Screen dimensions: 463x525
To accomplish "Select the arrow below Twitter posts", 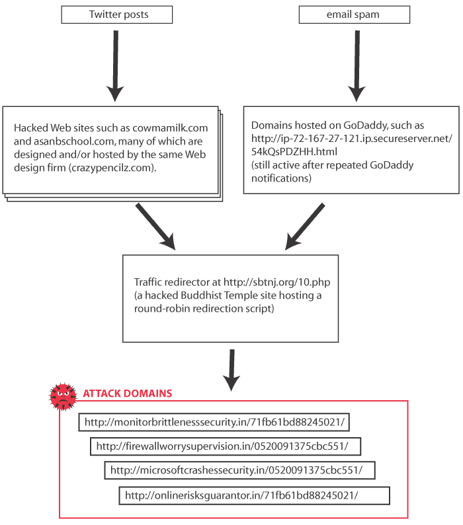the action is (x=115, y=66).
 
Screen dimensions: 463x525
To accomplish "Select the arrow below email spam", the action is (x=357, y=66).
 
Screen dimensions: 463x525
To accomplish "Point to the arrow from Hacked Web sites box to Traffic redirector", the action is (x=155, y=227).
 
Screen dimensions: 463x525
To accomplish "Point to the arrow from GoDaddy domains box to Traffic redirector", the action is (x=305, y=227).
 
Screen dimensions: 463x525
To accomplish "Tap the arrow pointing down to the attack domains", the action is (x=232, y=370).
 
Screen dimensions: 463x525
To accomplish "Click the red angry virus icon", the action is (x=63, y=396).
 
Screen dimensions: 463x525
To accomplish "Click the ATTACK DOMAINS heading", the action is (x=128, y=394).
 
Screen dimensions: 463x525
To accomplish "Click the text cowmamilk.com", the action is (x=170, y=128).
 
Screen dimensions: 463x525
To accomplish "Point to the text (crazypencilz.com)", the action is (x=112, y=168).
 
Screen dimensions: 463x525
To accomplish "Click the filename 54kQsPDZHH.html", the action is (x=294, y=152).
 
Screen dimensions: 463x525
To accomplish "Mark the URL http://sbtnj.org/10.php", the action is (x=277, y=282).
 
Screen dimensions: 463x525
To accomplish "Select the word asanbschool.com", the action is (x=74, y=141).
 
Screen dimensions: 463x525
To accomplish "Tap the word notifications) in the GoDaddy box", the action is (x=282, y=178).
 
